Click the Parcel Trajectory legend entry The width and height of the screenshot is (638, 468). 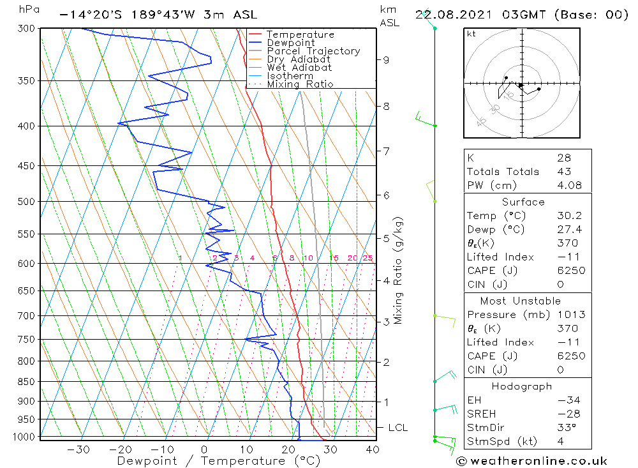(313, 51)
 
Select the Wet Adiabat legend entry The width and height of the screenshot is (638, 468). (299, 68)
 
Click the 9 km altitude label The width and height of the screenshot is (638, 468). (386, 60)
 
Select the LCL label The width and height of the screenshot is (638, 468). (397, 428)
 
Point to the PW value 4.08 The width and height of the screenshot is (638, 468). (568, 186)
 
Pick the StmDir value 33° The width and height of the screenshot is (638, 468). (566, 428)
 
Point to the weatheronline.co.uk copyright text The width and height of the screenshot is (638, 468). (531, 461)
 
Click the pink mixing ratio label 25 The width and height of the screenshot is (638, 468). (367, 258)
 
